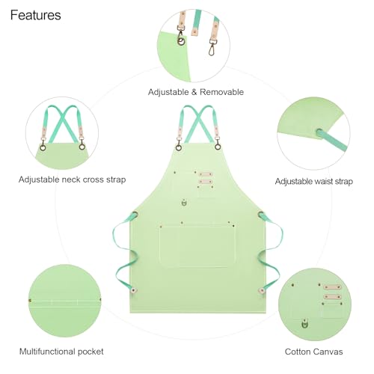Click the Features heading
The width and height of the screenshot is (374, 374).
(36, 15)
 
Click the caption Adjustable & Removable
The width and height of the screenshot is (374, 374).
(196, 92)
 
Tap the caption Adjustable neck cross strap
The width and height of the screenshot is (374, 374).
(72, 180)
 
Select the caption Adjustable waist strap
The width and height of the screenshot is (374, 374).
(314, 181)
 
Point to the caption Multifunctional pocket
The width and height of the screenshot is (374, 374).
(61, 352)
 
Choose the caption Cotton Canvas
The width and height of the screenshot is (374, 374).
(313, 352)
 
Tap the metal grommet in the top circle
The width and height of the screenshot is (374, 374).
(181, 41)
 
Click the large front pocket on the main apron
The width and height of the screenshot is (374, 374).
(197, 246)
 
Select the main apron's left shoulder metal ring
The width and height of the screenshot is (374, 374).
(179, 147)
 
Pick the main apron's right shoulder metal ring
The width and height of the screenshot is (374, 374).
(218, 147)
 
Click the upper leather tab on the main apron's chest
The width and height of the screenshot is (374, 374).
(206, 174)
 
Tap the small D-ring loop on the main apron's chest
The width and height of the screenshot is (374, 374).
(184, 203)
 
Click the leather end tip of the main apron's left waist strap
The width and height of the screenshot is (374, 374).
(133, 290)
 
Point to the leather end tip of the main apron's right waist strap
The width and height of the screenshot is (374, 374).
(262, 290)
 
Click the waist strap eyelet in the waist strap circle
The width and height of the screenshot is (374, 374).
(319, 132)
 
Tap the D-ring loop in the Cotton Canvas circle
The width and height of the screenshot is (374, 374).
(304, 324)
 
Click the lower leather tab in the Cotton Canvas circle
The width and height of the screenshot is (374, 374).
(332, 297)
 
